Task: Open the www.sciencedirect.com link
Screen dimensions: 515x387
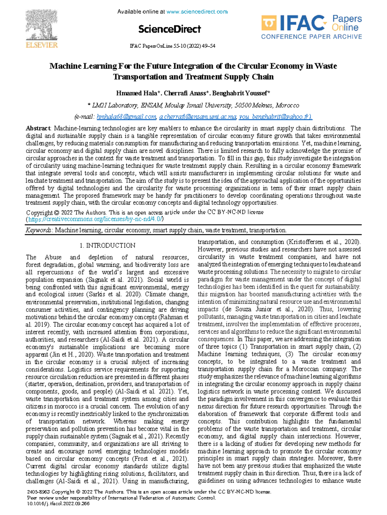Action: pos(197,12)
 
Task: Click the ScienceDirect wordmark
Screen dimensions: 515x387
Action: pos(169,29)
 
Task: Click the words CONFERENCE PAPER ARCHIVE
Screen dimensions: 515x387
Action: pos(311,37)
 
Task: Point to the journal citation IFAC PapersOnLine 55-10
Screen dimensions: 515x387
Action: pos(172,46)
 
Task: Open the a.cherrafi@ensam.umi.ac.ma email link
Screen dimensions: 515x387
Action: pos(198,117)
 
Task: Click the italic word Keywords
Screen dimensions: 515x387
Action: pos(38,230)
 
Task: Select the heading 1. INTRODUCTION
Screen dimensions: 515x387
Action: pos(107,245)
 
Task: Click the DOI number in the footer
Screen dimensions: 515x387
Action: pos(59,504)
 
